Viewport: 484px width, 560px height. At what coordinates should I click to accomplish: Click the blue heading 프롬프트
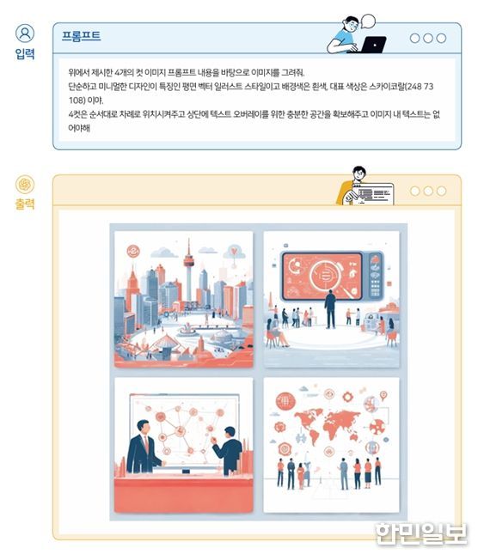pyautogui.click(x=81, y=36)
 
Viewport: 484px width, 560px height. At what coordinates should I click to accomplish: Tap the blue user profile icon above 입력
pyautogui.click(x=25, y=33)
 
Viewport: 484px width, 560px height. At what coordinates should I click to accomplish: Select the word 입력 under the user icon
pyautogui.click(x=25, y=54)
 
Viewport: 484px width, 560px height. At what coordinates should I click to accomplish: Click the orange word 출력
pyautogui.click(x=25, y=204)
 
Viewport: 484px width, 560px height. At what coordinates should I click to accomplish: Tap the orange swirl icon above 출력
pyautogui.click(x=25, y=185)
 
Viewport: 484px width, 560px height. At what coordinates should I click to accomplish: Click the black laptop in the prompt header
pyautogui.click(x=373, y=45)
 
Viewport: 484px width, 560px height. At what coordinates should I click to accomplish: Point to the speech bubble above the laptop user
pyautogui.click(x=368, y=21)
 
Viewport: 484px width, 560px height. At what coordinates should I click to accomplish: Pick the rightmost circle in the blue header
pyautogui.click(x=442, y=38)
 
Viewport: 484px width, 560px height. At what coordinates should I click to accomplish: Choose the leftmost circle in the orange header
pyautogui.click(x=415, y=191)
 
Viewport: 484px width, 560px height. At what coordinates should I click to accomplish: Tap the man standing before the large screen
pyautogui.click(x=330, y=309)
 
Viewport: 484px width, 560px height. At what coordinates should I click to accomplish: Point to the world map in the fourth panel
pyautogui.click(x=327, y=425)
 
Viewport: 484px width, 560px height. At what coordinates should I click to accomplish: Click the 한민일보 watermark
pyautogui.click(x=421, y=534)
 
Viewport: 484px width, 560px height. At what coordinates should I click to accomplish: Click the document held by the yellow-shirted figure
pyautogui.click(x=372, y=193)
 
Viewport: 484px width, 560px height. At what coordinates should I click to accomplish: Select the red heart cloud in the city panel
pyautogui.click(x=234, y=253)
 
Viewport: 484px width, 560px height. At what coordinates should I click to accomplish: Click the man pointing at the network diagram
pyautogui.click(x=228, y=451)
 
